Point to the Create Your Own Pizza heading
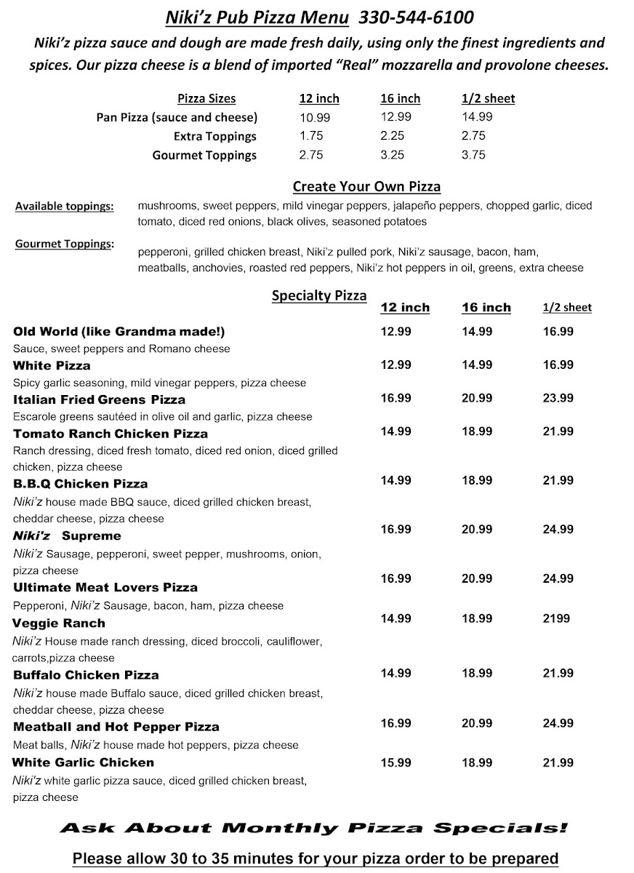366,187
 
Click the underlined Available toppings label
64,207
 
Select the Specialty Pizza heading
319,295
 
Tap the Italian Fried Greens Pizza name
100,399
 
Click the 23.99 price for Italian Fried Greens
558,398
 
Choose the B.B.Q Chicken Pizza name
81,484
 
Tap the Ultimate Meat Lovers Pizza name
105,587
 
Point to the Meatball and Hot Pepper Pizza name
116,727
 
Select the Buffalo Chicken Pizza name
86,675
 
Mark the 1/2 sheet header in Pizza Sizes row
488,99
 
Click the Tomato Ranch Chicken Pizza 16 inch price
477,432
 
